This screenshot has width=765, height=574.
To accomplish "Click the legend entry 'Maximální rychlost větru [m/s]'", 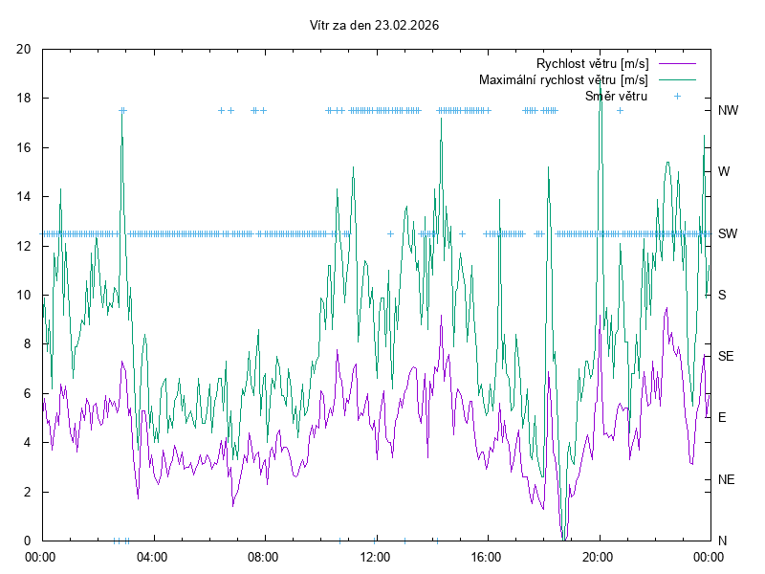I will (563, 79).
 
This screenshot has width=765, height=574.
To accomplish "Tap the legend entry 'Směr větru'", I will (616, 96).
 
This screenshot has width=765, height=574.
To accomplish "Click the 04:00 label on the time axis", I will (151, 556).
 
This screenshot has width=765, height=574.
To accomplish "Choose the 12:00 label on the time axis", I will (375, 556).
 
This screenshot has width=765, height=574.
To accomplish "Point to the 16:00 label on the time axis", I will (487, 556).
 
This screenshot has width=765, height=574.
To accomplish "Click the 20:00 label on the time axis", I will (599, 556).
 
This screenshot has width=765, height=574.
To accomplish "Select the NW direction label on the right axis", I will (729, 111).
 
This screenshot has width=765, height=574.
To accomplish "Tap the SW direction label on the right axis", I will (728, 233).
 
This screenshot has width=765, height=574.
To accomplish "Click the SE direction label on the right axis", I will (727, 356).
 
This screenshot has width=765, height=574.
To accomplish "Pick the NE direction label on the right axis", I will (727, 479).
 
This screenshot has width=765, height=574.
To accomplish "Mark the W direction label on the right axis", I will (724, 172).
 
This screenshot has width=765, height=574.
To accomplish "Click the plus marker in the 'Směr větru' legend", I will (677, 96).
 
